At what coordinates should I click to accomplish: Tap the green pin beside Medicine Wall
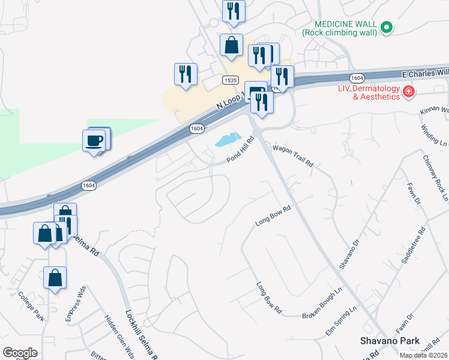coord(387,27)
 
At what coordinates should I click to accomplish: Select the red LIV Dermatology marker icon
coord(409,92)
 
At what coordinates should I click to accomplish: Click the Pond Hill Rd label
coord(241,150)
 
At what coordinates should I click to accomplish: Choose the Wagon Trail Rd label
coord(294,155)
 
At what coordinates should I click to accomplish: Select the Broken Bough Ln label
coord(322,310)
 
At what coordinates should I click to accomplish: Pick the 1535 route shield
coord(230,80)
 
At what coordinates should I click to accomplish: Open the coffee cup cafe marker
coord(94,141)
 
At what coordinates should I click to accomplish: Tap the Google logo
coord(20,352)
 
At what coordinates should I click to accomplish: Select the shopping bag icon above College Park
coord(55,278)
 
